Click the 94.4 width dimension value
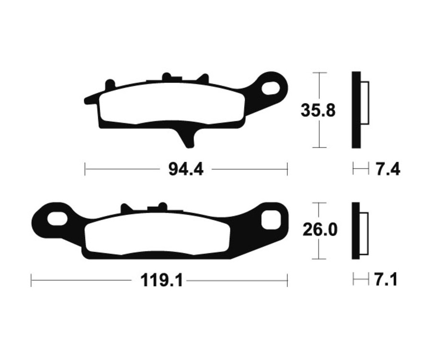[x=186, y=169]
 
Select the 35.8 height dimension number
[x=318, y=111]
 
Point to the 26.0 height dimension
[x=319, y=230]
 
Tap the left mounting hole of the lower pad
[x=57, y=219]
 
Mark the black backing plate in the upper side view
[x=356, y=110]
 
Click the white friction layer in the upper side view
[x=364, y=103]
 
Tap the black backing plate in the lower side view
[x=356, y=231]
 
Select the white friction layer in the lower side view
[x=364, y=232]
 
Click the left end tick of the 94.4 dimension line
[x=85, y=169]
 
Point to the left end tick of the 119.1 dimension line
[x=31, y=281]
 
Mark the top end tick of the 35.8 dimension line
[x=319, y=73]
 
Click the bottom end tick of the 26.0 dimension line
[x=319, y=259]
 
